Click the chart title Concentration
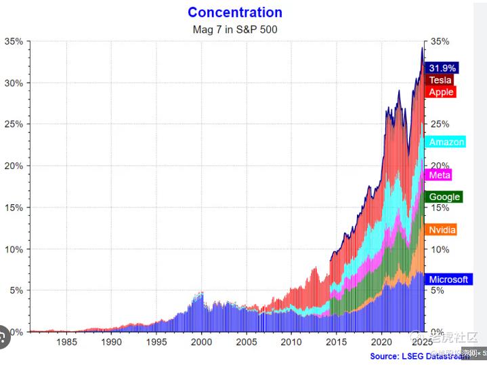pyautogui.click(x=234, y=12)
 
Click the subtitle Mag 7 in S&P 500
pyautogui.click(x=234, y=29)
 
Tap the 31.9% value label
pyautogui.click(x=442, y=68)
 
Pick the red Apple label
pyautogui.click(x=441, y=92)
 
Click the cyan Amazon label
pyautogui.click(x=446, y=142)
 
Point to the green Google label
pyautogui.click(x=444, y=197)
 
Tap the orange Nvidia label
pyautogui.click(x=442, y=229)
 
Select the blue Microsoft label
pyautogui.click(x=448, y=280)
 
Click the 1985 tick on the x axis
pyautogui.click(x=67, y=343)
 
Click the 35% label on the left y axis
pyautogui.click(x=14, y=41)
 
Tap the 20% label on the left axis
pyautogui.click(x=14, y=166)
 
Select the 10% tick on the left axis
pyautogui.click(x=14, y=249)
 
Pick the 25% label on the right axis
pyautogui.click(x=440, y=124)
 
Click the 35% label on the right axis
pyautogui.click(x=440, y=41)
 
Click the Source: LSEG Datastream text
pyautogui.click(x=419, y=356)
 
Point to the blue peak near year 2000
pyautogui.click(x=201, y=294)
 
